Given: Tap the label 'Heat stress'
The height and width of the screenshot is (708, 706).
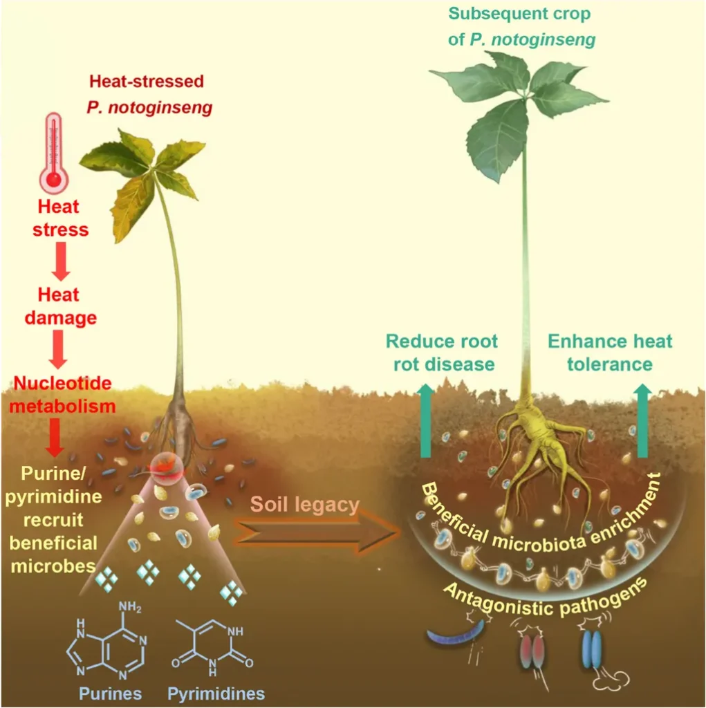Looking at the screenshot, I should [x=61, y=218].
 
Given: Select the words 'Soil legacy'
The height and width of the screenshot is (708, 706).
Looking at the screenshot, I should [x=306, y=505].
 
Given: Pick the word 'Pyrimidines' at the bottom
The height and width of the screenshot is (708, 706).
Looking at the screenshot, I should [x=215, y=692].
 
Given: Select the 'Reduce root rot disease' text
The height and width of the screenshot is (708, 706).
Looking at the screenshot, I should [x=442, y=352].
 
